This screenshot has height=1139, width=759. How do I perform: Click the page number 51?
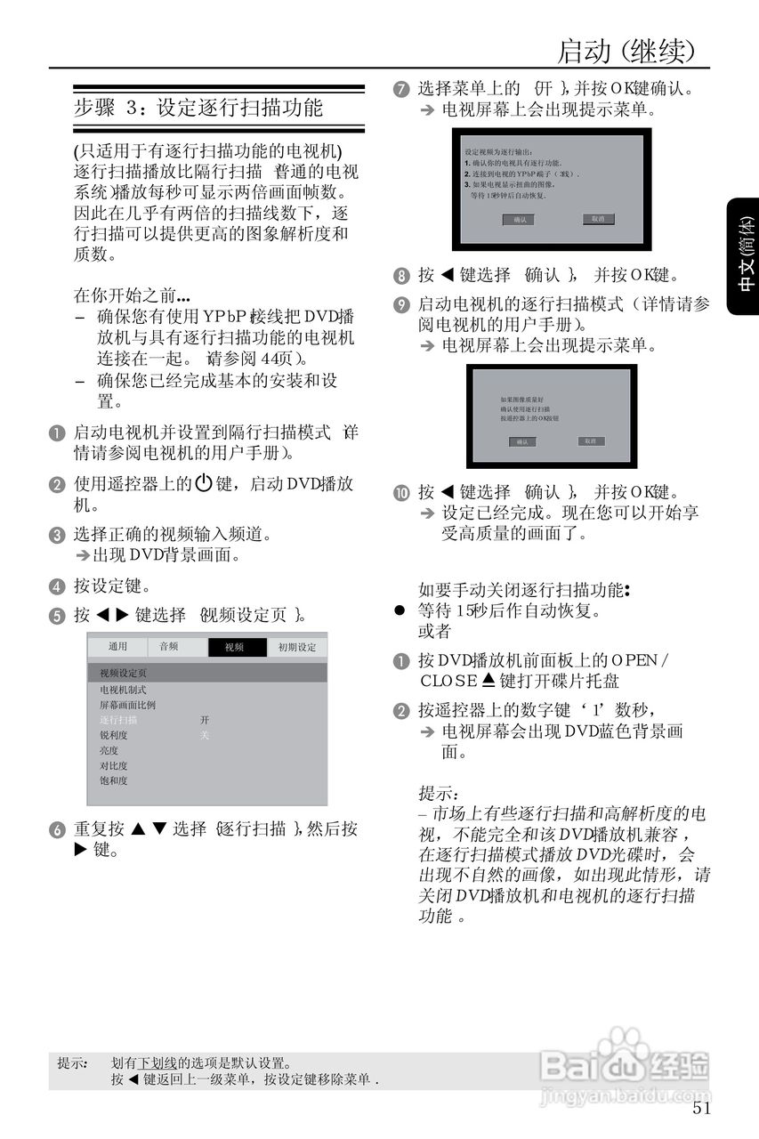pos(701,1109)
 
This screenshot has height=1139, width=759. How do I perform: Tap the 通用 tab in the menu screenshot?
pos(117,647)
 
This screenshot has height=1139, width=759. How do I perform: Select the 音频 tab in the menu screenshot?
pos(168,647)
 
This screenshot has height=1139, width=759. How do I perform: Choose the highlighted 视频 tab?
pos(235,648)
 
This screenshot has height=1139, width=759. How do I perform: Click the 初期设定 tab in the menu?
pos(297,648)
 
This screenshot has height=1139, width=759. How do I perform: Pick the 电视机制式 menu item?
pos(123,690)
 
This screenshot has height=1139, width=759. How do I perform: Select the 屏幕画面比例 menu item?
pos(127,705)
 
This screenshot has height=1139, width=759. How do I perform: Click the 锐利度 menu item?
pos(114,736)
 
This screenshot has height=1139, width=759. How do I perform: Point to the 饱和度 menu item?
pos(114,781)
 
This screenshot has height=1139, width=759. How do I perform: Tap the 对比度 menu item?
pos(114,766)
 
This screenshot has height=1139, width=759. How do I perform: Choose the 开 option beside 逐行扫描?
pos(205,720)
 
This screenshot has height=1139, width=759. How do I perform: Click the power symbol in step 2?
pos(203,484)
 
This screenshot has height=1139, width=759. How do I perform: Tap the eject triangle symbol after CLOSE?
pos(488,682)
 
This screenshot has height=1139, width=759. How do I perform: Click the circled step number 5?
pos(57,616)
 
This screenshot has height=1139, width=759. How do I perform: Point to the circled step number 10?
pos(401,493)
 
